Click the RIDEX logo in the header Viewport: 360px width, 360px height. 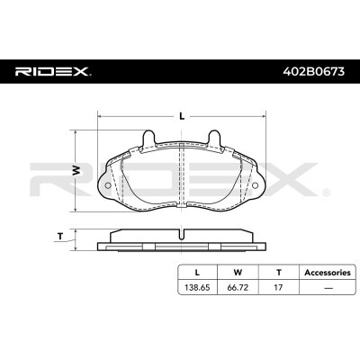51,70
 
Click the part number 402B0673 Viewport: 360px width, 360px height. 310,70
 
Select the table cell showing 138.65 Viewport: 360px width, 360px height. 197,289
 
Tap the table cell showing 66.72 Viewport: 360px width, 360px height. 238,289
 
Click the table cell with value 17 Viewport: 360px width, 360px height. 279,289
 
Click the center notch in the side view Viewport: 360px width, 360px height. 182,236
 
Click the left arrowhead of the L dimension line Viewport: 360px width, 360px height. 100,116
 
